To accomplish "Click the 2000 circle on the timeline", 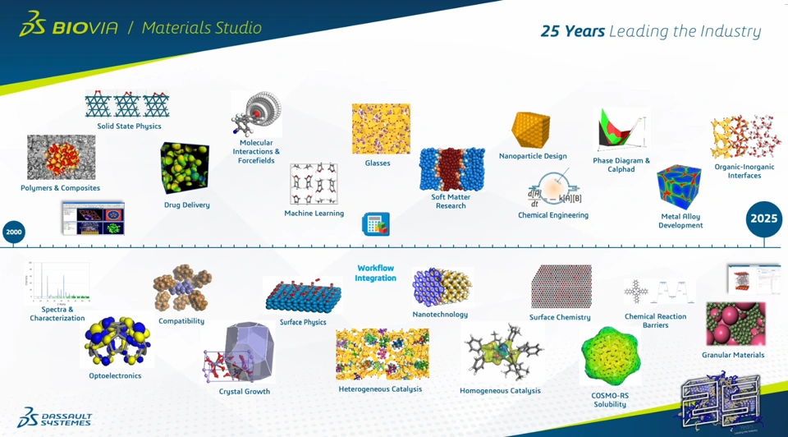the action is (14, 232).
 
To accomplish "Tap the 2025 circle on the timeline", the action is (764, 218).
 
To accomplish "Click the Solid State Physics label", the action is (129, 126).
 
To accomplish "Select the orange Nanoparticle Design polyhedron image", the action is (531, 130).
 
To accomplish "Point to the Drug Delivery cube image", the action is (185, 168).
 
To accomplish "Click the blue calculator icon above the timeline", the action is (376, 224).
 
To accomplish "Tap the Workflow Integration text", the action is (375, 273).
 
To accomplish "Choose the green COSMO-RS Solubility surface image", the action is (611, 356).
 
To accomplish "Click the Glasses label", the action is (378, 163).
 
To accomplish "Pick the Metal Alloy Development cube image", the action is (679, 186).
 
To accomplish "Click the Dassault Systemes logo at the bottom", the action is (54, 418).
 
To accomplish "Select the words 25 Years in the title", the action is (572, 31).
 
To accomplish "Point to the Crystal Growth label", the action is (245, 391).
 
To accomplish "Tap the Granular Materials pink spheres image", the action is (735, 324).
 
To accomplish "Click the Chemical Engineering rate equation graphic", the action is (554, 190).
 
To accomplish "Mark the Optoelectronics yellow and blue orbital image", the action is (117, 340).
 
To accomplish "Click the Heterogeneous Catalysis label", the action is (380, 389).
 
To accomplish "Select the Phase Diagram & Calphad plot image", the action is (621, 130).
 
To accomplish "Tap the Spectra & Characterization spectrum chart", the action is (57, 282).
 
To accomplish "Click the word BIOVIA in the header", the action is (85, 28).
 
